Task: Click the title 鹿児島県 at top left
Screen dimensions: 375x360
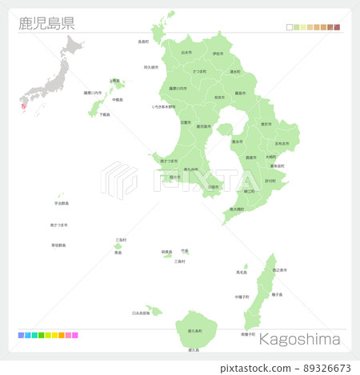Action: [46, 22]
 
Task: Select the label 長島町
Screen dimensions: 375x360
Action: [143, 42]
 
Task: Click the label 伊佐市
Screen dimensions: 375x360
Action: [218, 54]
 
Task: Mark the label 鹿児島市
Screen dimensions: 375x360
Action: [204, 126]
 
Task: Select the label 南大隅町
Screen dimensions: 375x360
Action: [237, 209]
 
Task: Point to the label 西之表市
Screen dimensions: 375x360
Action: [280, 272]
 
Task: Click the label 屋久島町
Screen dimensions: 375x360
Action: [194, 330]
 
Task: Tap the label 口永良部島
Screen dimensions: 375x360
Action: [141, 313]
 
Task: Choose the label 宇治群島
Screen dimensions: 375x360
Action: [59, 202]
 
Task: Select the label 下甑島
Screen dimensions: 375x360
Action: [105, 114]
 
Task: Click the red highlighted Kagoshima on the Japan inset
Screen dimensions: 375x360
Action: [22, 106]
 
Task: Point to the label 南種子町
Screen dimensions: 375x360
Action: [248, 333]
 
